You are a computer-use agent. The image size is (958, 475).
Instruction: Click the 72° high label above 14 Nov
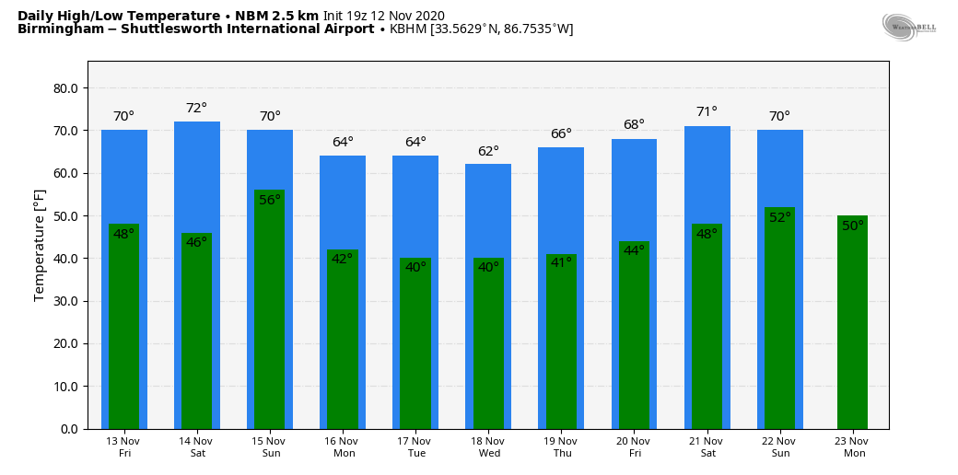tap(197, 109)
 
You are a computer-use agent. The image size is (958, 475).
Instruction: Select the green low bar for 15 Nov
tap(270, 313)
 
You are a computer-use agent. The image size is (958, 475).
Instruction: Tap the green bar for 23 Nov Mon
tap(852, 327)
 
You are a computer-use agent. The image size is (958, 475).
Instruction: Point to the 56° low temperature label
tap(270, 200)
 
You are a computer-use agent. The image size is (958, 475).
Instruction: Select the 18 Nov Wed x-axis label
tap(488, 447)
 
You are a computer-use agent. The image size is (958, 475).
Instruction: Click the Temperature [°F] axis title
tap(40, 244)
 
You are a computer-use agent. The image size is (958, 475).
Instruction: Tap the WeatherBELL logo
tap(908, 28)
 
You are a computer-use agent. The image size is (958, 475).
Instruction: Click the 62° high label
tap(488, 151)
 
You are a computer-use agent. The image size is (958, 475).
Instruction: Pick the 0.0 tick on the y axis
tap(70, 429)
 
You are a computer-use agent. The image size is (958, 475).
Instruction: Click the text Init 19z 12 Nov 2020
tap(383, 16)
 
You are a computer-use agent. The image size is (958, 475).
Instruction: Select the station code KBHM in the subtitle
tap(407, 29)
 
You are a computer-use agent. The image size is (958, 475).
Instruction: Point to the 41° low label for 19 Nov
tap(561, 263)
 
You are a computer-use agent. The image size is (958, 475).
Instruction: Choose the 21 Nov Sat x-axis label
tap(707, 447)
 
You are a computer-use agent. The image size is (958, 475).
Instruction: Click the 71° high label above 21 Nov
tap(707, 112)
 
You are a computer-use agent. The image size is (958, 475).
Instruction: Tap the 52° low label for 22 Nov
tap(780, 218)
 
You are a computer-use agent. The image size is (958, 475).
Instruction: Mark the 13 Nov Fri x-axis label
tap(123, 447)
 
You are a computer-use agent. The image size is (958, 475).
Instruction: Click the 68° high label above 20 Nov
tap(634, 125)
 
